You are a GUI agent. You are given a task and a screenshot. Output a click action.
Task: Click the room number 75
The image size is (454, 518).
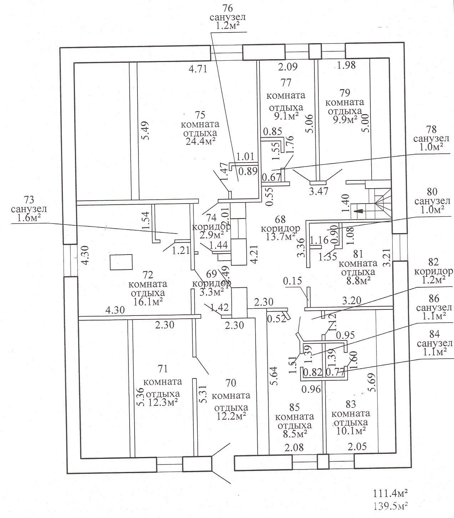(x=200, y=115)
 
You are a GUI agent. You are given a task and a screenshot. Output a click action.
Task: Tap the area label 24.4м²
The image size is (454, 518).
(x=201, y=141)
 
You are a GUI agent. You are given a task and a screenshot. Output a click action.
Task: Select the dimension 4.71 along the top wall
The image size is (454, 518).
(x=198, y=68)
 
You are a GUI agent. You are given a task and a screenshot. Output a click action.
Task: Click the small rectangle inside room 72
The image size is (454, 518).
(x=121, y=262)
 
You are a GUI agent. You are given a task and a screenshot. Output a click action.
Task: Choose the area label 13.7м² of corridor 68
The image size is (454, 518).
(x=281, y=237)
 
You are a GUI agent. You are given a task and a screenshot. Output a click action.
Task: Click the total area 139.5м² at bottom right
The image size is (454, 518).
(x=390, y=506)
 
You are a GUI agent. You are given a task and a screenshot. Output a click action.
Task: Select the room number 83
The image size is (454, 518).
(x=351, y=404)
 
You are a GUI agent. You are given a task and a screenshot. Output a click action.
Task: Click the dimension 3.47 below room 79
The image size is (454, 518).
(x=319, y=191)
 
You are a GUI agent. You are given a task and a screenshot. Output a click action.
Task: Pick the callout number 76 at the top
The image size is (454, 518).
(x=227, y=8)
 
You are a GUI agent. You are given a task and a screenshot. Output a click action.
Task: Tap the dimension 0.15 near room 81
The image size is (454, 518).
(x=293, y=281)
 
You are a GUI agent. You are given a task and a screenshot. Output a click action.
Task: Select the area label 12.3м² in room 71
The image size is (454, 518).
(x=162, y=402)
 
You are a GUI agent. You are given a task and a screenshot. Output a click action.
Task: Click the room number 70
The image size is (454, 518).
(x=231, y=383)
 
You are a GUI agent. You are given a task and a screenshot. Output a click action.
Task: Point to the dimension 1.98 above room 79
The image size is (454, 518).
(x=347, y=65)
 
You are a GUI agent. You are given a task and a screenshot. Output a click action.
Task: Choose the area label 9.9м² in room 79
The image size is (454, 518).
(x=345, y=119)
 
